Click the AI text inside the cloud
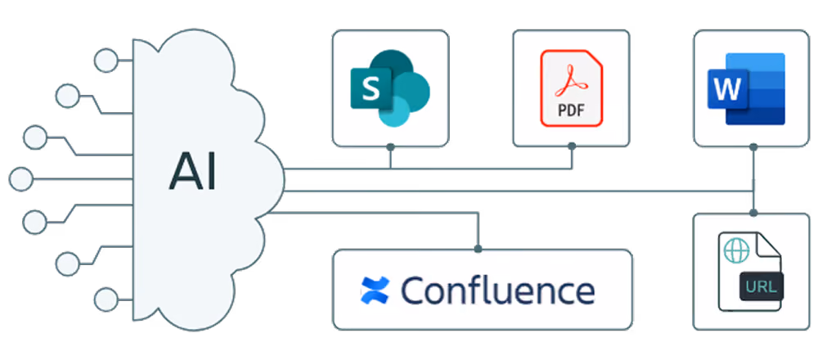[x=193, y=174]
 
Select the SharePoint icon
[x=390, y=88]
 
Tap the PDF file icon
[x=571, y=88]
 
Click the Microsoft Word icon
[x=746, y=88]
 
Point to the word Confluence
[x=497, y=290]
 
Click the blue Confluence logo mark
[x=375, y=290]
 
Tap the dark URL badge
[x=761, y=288]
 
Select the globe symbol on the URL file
[x=736, y=250]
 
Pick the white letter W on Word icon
[x=727, y=88]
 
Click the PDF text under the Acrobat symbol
[x=571, y=111]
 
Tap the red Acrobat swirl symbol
[x=571, y=80]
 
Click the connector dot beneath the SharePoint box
[x=391, y=146]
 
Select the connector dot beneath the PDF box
[x=571, y=146]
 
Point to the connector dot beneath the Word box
[x=753, y=146]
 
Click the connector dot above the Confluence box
[x=478, y=248]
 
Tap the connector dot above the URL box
[x=753, y=213]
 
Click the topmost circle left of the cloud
[x=106, y=60]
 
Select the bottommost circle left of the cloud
[x=106, y=299]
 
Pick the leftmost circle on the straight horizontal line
[x=20, y=178]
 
